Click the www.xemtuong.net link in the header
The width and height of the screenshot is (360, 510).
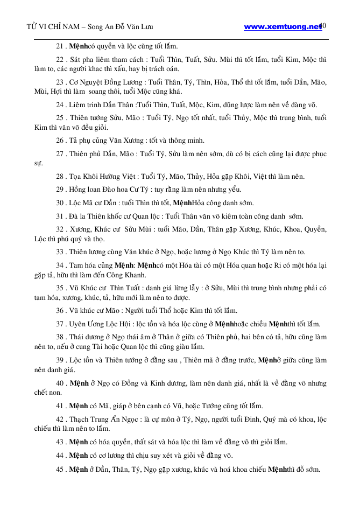pos(282,26)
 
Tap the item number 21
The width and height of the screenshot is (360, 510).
pos(60,47)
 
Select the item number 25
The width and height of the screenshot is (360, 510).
pos(60,117)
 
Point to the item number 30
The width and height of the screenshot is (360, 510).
pos(60,203)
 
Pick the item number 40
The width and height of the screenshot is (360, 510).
pos(60,383)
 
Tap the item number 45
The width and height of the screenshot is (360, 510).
pos(60,469)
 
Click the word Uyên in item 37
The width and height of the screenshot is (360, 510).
pos(79,324)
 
